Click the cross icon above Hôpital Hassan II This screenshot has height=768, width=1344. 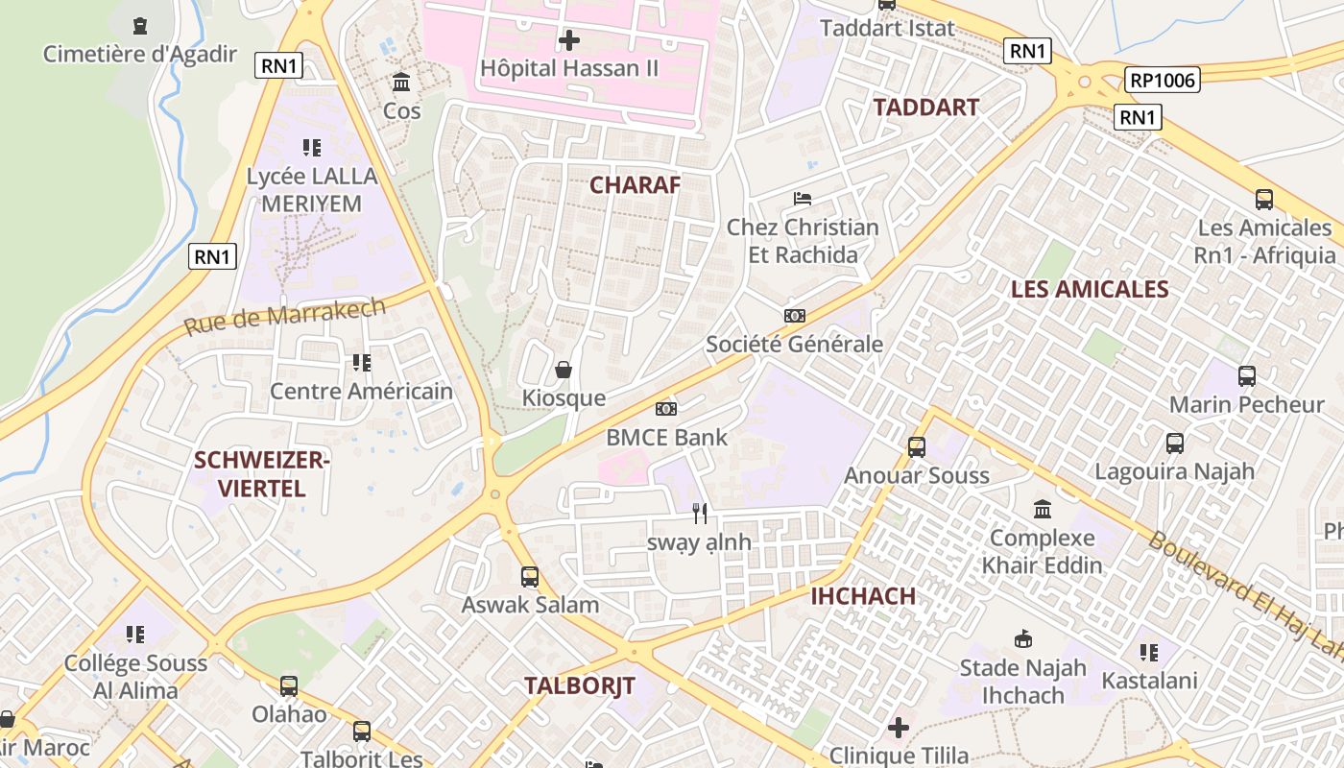click(569, 40)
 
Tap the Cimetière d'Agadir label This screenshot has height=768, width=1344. click(139, 54)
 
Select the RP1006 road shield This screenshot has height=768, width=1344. click(1163, 81)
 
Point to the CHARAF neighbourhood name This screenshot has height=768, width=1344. click(635, 185)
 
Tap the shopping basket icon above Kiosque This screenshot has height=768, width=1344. click(564, 370)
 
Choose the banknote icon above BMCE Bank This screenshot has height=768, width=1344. click(666, 409)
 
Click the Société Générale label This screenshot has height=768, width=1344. click(794, 344)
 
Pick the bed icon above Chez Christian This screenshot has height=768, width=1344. click(803, 200)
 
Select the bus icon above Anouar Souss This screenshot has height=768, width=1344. click(917, 446)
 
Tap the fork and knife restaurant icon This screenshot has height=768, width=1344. click(700, 514)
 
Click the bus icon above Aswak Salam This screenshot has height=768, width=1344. click(530, 577)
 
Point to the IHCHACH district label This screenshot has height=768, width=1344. click(863, 596)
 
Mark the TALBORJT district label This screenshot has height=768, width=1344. click(580, 685)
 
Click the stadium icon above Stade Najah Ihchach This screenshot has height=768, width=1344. click(1023, 638)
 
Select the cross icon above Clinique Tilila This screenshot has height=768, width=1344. click(899, 728)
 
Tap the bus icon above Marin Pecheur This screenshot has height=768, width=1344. click(1247, 376)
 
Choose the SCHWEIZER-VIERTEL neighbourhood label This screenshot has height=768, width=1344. click(262, 474)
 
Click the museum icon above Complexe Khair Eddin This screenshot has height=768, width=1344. click(1043, 509)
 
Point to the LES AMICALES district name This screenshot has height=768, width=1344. click(1090, 289)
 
